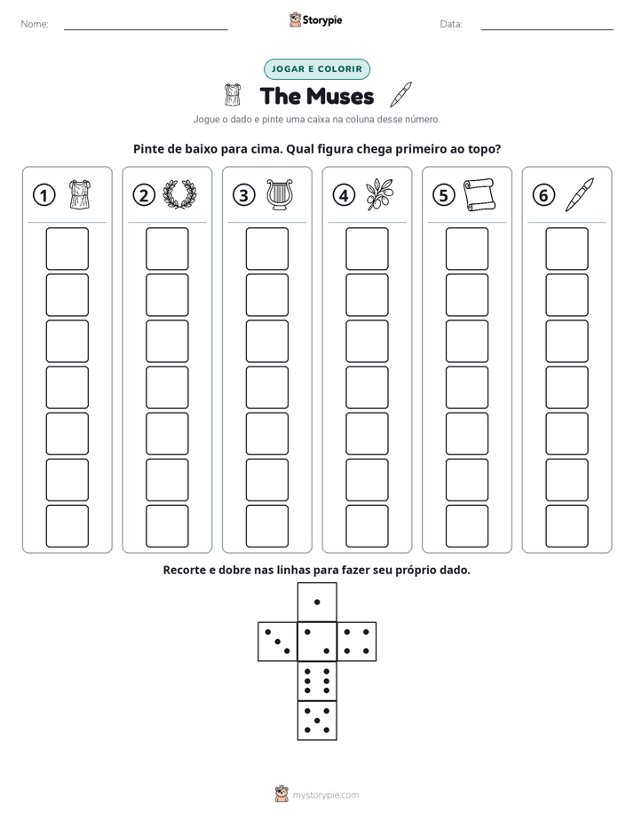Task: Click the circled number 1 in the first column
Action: pyautogui.click(x=44, y=195)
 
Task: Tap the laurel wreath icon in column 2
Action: pyautogui.click(x=179, y=194)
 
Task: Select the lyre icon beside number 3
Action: pyautogui.click(x=280, y=195)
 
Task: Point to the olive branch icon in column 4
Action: pyautogui.click(x=379, y=194)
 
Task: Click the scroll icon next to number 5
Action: pyautogui.click(x=479, y=194)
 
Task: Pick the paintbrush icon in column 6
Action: pyautogui.click(x=580, y=194)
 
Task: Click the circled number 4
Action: pyautogui.click(x=344, y=195)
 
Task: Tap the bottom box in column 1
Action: pyautogui.click(x=67, y=526)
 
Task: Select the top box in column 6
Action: pyautogui.click(x=567, y=248)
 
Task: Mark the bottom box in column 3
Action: pyautogui.click(x=266, y=526)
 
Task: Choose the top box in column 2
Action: pyautogui.click(x=167, y=248)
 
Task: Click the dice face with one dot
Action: pyautogui.click(x=317, y=602)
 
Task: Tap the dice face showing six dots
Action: pyautogui.click(x=317, y=681)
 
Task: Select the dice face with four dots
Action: pyautogui.click(x=357, y=642)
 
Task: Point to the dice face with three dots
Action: pyautogui.click(x=278, y=642)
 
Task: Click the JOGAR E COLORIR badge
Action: pyautogui.click(x=317, y=69)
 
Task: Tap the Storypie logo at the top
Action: pyautogui.click(x=315, y=20)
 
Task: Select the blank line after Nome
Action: pyautogui.click(x=146, y=29)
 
